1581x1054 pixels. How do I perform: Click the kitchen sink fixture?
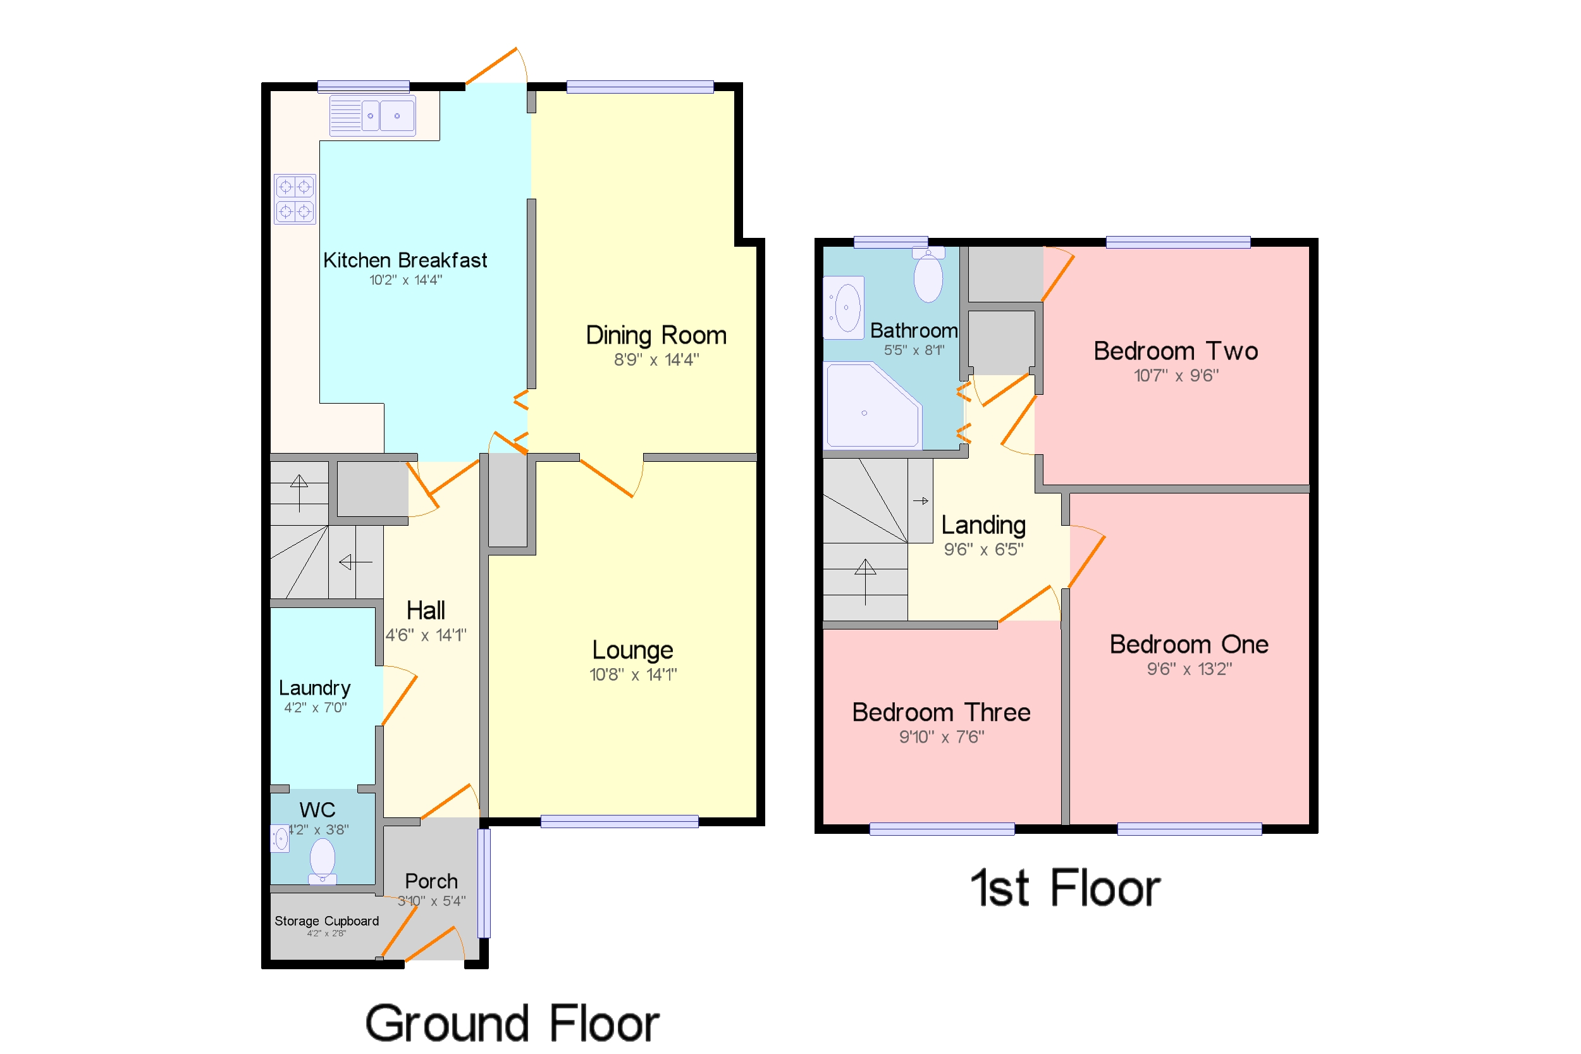click(372, 116)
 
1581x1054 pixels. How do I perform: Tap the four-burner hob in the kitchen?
click(294, 199)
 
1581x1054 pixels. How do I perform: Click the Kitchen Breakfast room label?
click(405, 260)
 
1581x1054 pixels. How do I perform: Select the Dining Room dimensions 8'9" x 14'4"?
click(656, 359)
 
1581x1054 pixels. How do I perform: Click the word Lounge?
click(632, 650)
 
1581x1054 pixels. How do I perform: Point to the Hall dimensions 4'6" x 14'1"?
click(426, 635)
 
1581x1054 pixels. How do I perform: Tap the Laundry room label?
click(314, 688)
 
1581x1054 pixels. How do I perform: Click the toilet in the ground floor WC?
click(323, 861)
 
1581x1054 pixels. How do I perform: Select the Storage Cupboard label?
click(326, 921)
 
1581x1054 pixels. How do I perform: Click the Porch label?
click(431, 881)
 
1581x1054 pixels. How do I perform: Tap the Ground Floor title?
click(512, 1023)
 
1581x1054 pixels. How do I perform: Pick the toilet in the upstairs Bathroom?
click(928, 276)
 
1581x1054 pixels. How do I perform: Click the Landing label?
click(983, 525)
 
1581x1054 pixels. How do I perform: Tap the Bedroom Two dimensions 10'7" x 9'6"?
click(1176, 376)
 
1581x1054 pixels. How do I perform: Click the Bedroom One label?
click(1189, 644)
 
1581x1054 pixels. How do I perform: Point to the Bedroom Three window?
click(942, 829)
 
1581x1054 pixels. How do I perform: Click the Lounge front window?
click(619, 821)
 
